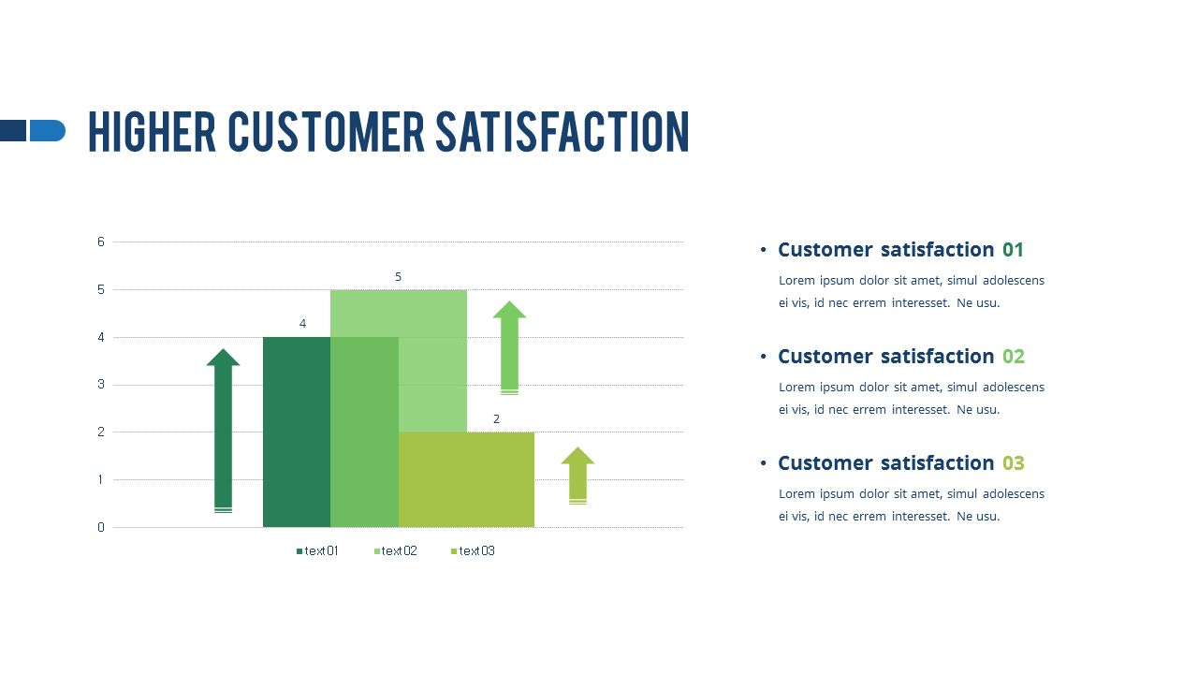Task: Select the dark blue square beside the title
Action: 12,130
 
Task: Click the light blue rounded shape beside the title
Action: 47,130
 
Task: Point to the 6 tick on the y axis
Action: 101,242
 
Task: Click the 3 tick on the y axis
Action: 101,385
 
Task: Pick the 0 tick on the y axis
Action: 101,527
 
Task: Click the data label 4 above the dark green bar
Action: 302,323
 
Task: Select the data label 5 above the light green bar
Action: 398,276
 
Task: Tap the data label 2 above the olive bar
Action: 496,418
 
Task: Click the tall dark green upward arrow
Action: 223,431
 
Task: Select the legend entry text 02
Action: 398,550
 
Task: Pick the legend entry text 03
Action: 475,550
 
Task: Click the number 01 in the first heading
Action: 1013,250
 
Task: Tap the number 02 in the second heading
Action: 1014,357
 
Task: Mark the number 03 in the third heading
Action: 1014,463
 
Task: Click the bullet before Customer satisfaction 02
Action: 764,357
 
